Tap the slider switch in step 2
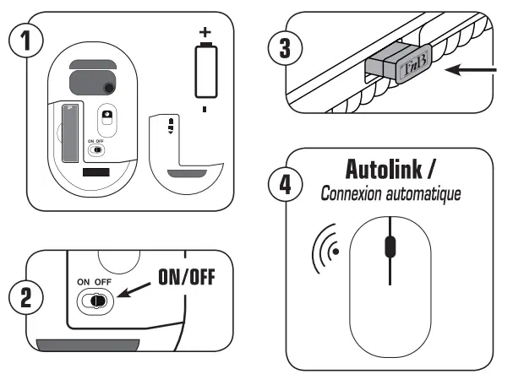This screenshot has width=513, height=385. click(95, 301)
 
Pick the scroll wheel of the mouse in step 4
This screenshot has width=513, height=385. click(389, 247)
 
